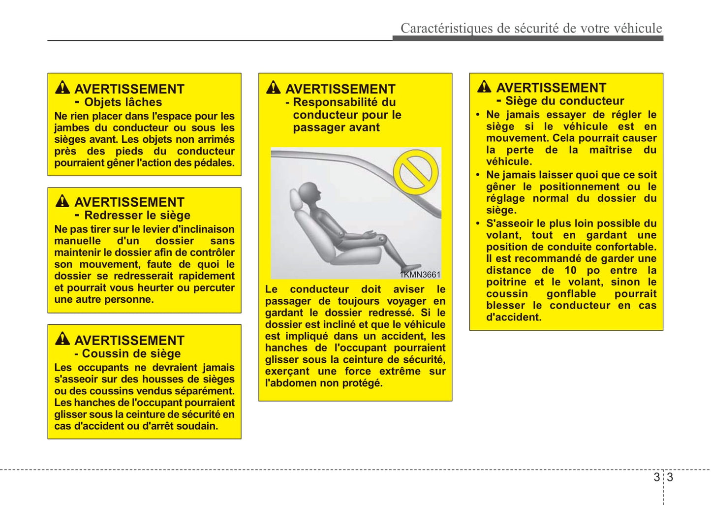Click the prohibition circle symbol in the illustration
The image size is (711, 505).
coord(416,172)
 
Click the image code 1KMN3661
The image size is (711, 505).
coord(420,275)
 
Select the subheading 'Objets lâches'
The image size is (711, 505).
coord(123,102)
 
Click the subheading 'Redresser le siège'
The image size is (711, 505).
coord(137,216)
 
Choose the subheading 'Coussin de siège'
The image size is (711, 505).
coord(131,354)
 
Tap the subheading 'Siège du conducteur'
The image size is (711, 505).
coord(564,101)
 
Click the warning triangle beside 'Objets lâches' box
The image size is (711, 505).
coord(62,88)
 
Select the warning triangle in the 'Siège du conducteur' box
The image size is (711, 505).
coord(484,87)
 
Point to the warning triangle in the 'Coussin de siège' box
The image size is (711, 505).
coord(62,339)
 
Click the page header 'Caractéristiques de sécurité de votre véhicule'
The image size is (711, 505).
coord(531,28)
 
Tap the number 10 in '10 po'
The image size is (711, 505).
coord(570,270)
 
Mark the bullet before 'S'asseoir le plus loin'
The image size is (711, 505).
coord(478,223)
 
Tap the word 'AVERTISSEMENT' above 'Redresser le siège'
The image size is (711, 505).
coord(129,202)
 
